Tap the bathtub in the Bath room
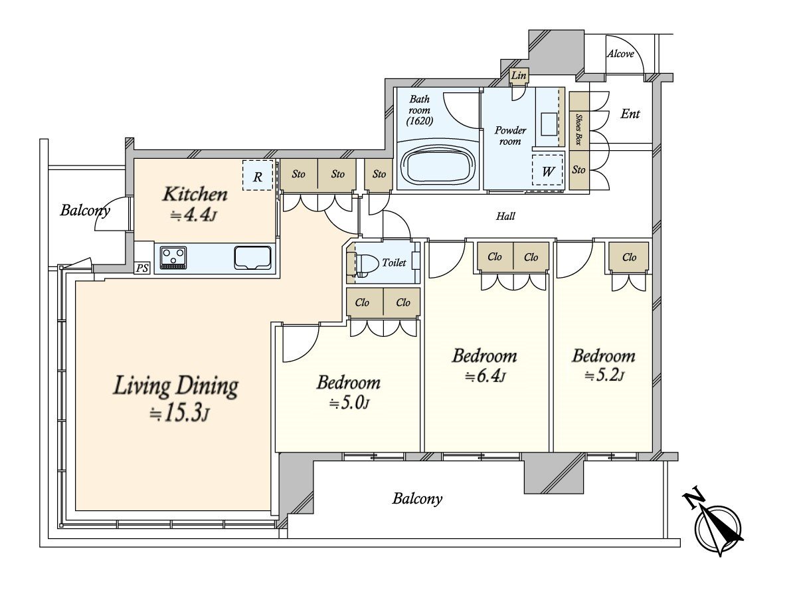438,165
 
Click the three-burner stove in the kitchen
173,258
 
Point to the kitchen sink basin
253,258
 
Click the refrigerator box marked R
258,175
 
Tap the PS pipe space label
142,268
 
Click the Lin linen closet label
518,76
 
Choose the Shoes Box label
578,130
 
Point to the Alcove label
620,54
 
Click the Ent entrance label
630,114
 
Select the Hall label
505,217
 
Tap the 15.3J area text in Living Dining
180,414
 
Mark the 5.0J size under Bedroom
349,403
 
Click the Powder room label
510,136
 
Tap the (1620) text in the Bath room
419,121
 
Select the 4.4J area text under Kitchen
194,215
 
